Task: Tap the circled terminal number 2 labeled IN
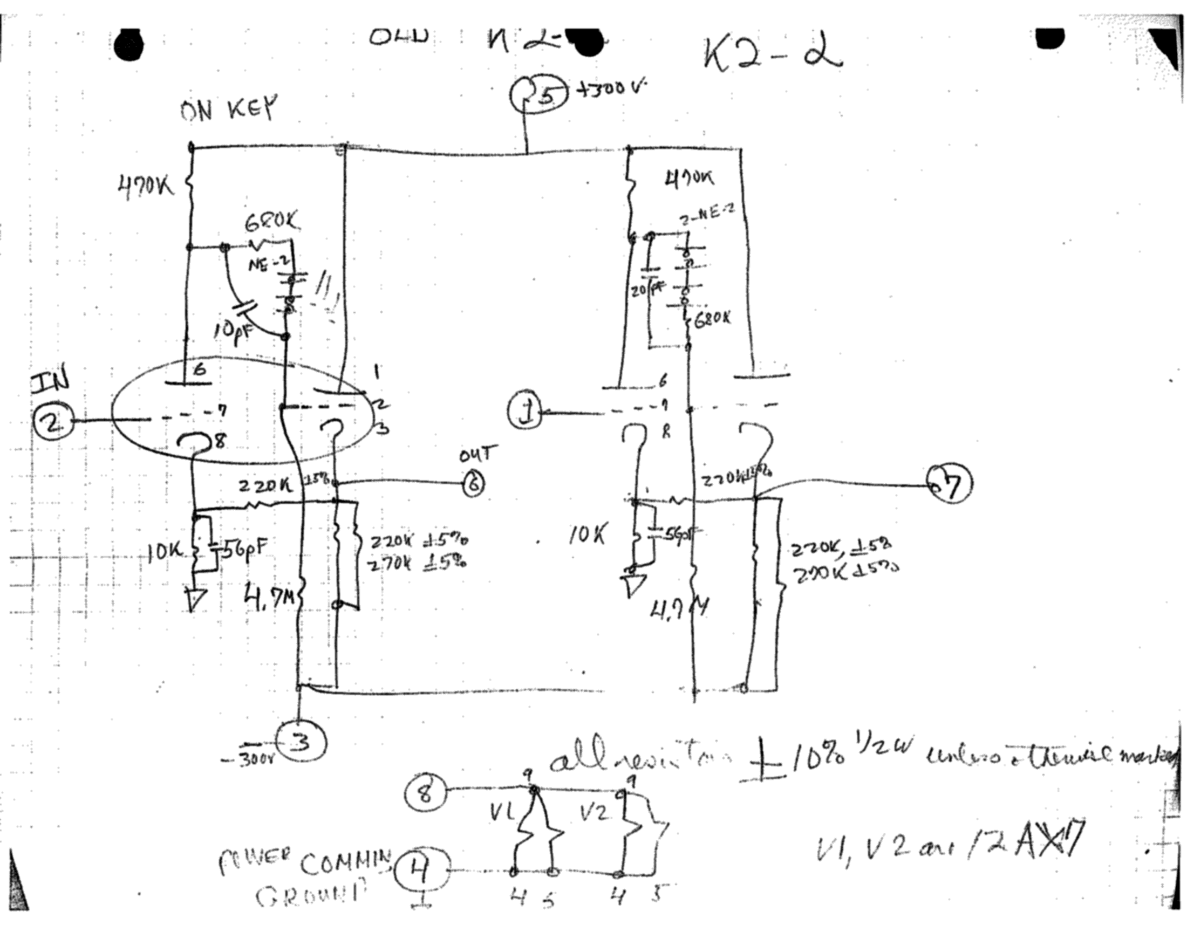tap(52, 421)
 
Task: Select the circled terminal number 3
tap(301, 742)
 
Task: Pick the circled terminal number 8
tap(426, 791)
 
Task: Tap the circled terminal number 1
tap(524, 413)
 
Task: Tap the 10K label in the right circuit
tap(587, 536)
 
